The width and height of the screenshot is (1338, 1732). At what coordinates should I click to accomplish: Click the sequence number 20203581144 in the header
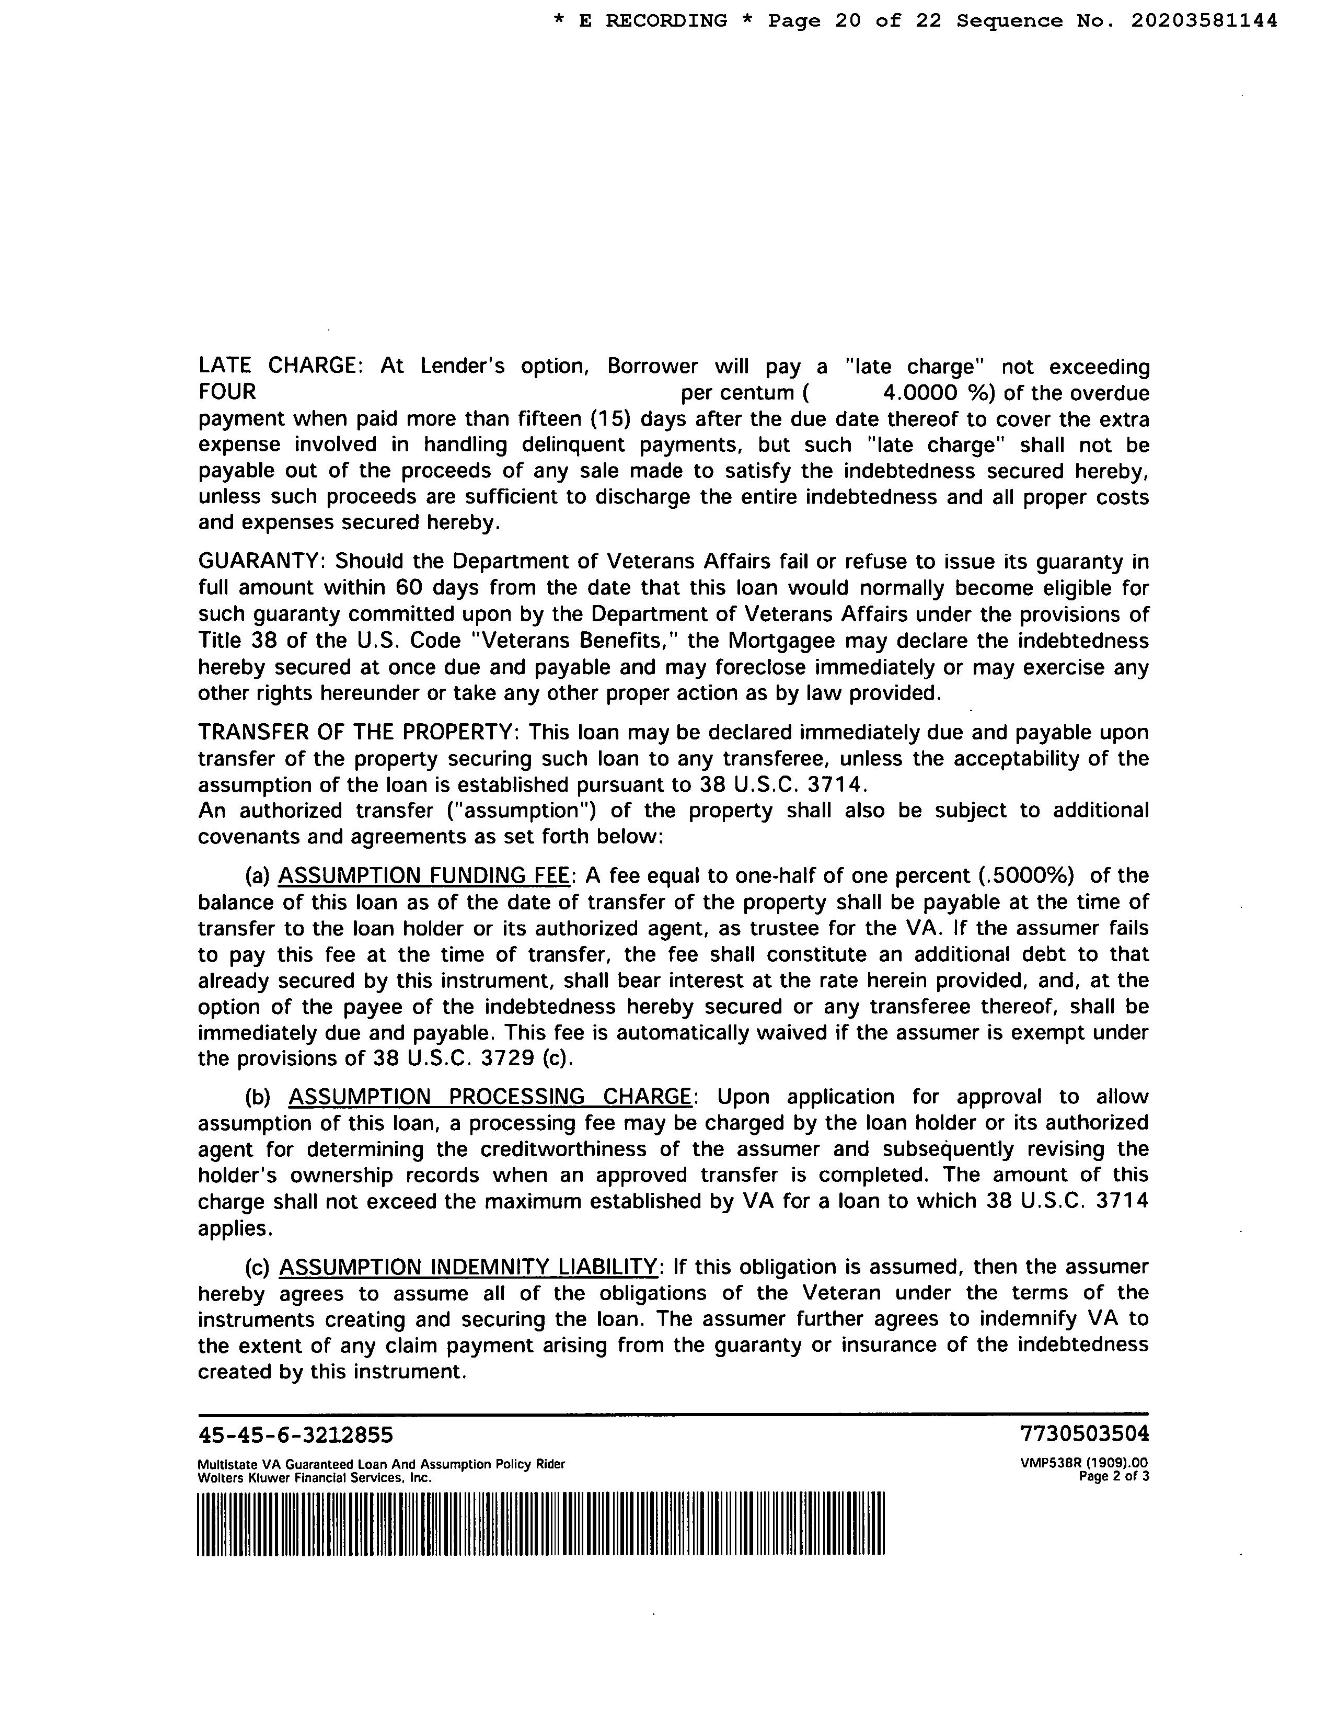click(x=1204, y=20)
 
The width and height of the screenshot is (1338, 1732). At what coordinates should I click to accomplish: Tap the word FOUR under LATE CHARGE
click(x=227, y=392)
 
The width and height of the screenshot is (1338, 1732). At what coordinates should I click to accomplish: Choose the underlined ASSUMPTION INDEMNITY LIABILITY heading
click(x=468, y=1267)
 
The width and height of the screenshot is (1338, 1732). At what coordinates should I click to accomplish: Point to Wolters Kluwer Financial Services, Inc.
click(x=314, y=1477)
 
